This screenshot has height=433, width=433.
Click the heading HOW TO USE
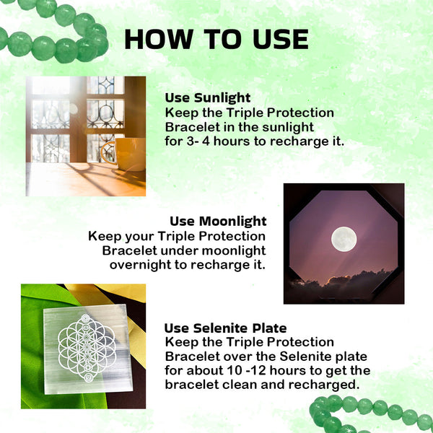click(216, 39)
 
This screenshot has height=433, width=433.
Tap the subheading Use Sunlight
click(208, 98)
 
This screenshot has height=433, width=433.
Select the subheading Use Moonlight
click(218, 222)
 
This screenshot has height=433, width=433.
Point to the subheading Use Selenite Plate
click(226, 328)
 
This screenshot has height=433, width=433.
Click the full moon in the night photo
click(344, 239)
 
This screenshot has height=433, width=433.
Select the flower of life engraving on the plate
click(87, 348)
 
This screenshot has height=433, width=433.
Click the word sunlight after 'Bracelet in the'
click(288, 128)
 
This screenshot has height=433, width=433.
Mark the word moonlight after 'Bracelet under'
click(234, 251)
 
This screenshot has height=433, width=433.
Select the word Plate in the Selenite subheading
click(269, 328)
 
